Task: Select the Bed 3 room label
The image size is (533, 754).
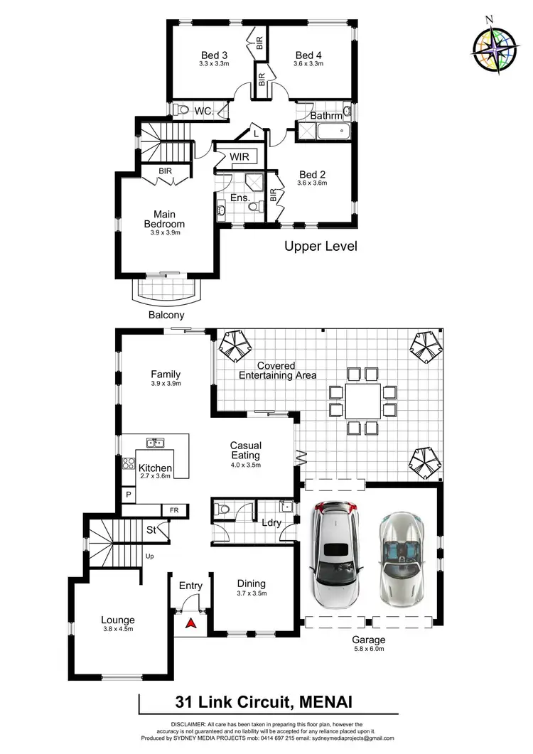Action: coord(214,55)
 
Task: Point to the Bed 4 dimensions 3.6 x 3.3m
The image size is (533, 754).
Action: coord(309,64)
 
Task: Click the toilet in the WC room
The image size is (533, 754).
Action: coord(182,110)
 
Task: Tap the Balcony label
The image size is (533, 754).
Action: coord(166,315)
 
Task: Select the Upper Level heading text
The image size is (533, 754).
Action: coord(321,247)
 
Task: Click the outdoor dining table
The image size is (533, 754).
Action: coord(362,400)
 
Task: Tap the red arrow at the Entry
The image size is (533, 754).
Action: coord(190,624)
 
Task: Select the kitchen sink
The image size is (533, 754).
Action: coord(156,443)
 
